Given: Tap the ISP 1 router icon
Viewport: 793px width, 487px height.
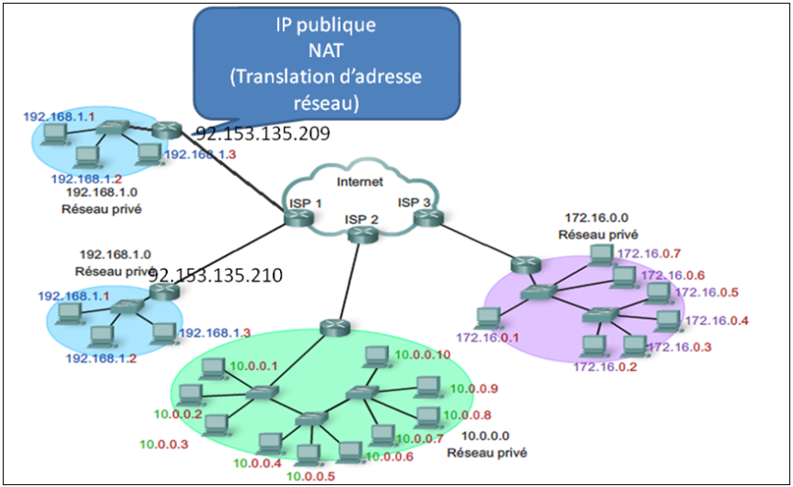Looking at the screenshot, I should click(297, 218).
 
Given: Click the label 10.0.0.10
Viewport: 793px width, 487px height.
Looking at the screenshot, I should click(423, 354).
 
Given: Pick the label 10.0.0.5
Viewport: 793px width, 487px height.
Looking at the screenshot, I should click(311, 476).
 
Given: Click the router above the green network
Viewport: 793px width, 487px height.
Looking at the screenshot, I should click(332, 327).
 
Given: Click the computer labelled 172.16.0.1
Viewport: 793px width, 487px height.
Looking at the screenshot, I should click(486, 318).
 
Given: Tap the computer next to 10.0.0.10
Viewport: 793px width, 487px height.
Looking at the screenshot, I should click(376, 355).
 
